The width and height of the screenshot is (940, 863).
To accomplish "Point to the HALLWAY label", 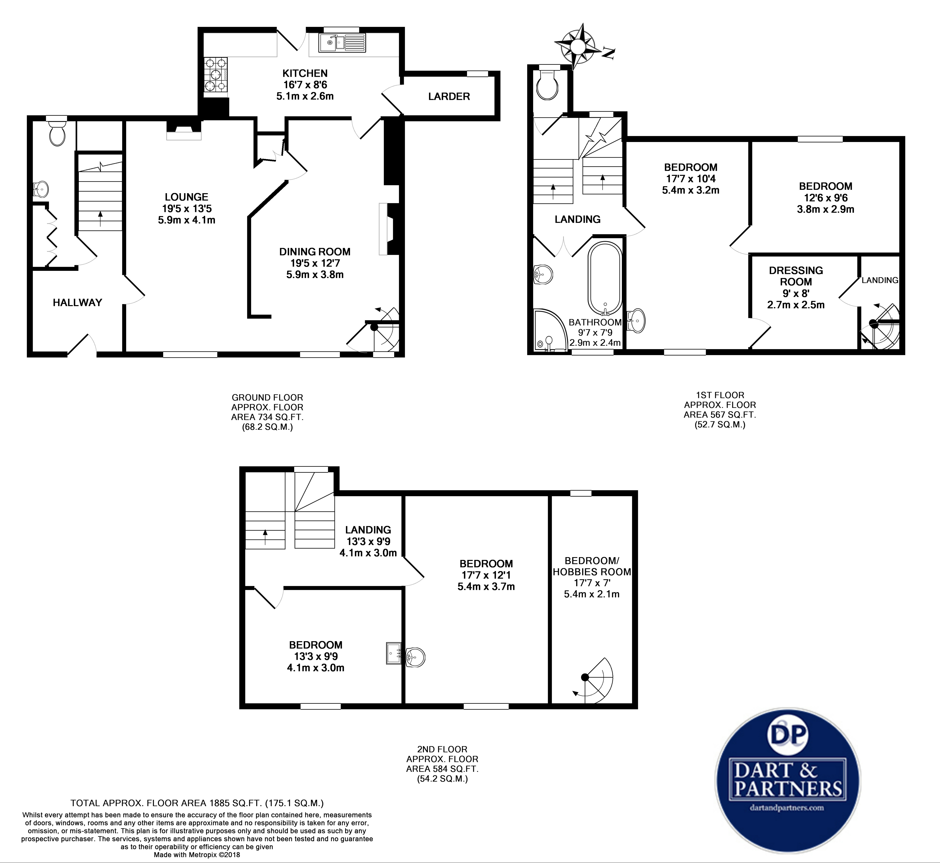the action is click(77, 303).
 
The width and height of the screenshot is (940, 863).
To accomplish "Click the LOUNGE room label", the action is click(186, 197).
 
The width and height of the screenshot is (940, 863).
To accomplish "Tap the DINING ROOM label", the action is click(315, 252).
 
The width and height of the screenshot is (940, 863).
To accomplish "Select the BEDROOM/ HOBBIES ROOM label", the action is click(592, 566).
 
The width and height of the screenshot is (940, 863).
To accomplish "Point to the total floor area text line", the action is click(197, 803).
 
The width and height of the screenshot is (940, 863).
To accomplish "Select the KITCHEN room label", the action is click(305, 73).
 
